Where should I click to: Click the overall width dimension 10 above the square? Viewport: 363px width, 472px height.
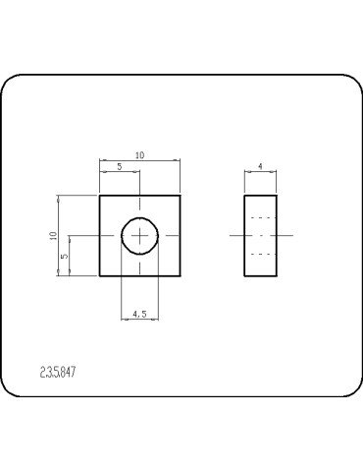140,155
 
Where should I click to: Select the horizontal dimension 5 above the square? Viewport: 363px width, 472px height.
120,167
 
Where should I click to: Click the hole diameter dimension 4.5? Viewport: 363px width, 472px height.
140,314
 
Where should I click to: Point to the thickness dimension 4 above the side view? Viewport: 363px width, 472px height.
260,167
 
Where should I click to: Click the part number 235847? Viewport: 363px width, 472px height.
59,373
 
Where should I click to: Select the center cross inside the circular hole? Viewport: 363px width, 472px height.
141,236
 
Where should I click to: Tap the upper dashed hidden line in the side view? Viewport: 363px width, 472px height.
260,216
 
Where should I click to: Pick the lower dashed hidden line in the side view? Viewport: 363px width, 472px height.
260,255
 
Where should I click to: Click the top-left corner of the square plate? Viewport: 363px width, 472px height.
100,195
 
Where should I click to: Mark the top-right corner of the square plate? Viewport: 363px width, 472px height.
181,195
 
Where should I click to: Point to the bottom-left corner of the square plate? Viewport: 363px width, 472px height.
100,276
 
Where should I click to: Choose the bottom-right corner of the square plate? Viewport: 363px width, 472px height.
181,276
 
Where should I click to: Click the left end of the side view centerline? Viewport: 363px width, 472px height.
231,236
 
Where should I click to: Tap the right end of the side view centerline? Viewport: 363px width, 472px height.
291,236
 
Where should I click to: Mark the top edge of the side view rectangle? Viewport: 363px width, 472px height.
260,195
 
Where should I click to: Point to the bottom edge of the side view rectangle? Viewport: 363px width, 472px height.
260,276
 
